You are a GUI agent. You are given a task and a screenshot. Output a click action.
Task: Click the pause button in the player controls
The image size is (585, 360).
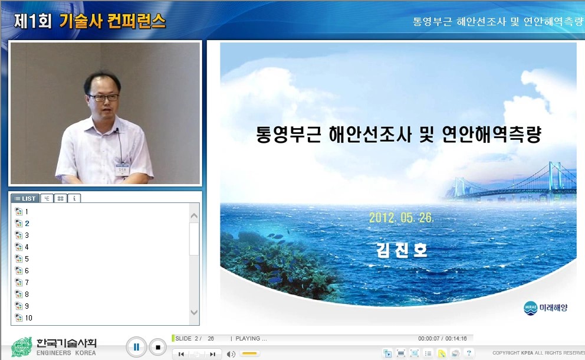coord(136,347)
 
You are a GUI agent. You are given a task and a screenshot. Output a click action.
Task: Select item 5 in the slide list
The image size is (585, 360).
coord(27,258)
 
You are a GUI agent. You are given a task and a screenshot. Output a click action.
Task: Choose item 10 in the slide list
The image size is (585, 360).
coord(28,318)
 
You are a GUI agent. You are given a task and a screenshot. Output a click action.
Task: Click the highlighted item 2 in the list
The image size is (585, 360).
coord(27,223)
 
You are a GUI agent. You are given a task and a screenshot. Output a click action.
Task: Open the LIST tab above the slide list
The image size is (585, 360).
coord(25,198)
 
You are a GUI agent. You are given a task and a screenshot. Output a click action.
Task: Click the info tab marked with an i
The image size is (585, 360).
coord(74,198)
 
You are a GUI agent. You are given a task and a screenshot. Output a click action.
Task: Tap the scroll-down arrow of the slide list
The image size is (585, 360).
coord(194,312)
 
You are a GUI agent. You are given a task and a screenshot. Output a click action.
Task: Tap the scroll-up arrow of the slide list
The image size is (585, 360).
coord(194,216)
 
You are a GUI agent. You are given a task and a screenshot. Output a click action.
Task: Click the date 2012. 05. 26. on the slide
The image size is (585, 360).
coord(402,217)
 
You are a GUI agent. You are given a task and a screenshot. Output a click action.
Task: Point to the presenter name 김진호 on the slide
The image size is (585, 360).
coord(402,250)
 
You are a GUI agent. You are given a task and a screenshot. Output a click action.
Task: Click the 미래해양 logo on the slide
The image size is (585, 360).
coord(545,307)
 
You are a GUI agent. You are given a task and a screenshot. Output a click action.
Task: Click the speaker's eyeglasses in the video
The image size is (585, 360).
coord(103,97)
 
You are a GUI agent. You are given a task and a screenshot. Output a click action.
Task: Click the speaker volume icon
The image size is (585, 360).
coord(231,354)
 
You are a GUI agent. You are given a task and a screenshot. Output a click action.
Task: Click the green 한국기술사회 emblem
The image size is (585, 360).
coord(22,347)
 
